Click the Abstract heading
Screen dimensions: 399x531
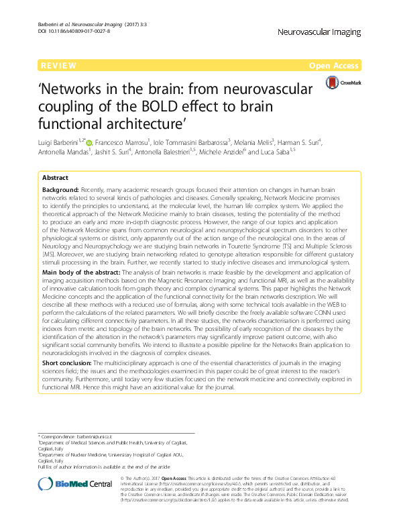pyautogui.click(x=56, y=178)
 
